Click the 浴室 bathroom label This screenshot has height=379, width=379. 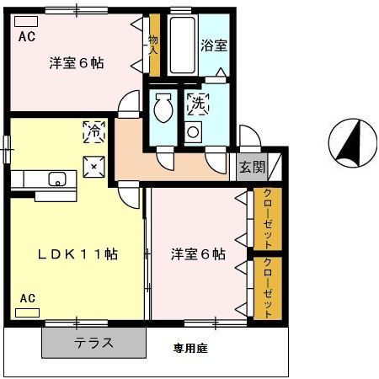point(212,46)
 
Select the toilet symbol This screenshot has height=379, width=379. point(163,109)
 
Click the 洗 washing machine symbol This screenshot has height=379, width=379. point(198,104)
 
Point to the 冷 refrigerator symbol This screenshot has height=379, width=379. point(94,131)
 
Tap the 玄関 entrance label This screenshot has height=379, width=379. point(252,167)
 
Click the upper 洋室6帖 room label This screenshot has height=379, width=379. point(76,61)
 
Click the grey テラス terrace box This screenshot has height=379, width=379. point(93,343)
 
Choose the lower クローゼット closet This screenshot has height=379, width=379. point(268,287)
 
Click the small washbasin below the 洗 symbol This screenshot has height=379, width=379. point(194,131)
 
